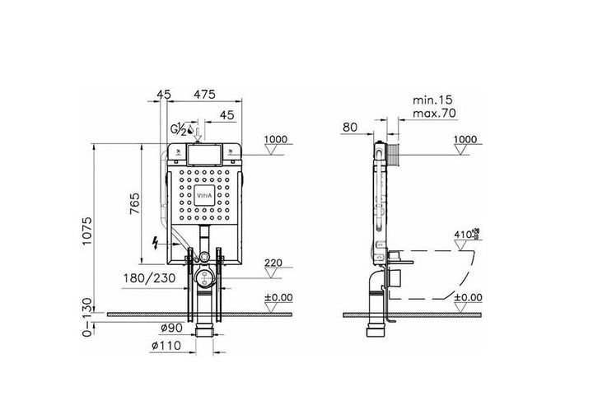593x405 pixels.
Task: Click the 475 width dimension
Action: (204, 95)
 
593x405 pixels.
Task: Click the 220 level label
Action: (274, 264)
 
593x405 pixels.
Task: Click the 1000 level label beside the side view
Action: (465, 140)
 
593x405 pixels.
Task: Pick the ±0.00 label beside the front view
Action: (278, 297)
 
